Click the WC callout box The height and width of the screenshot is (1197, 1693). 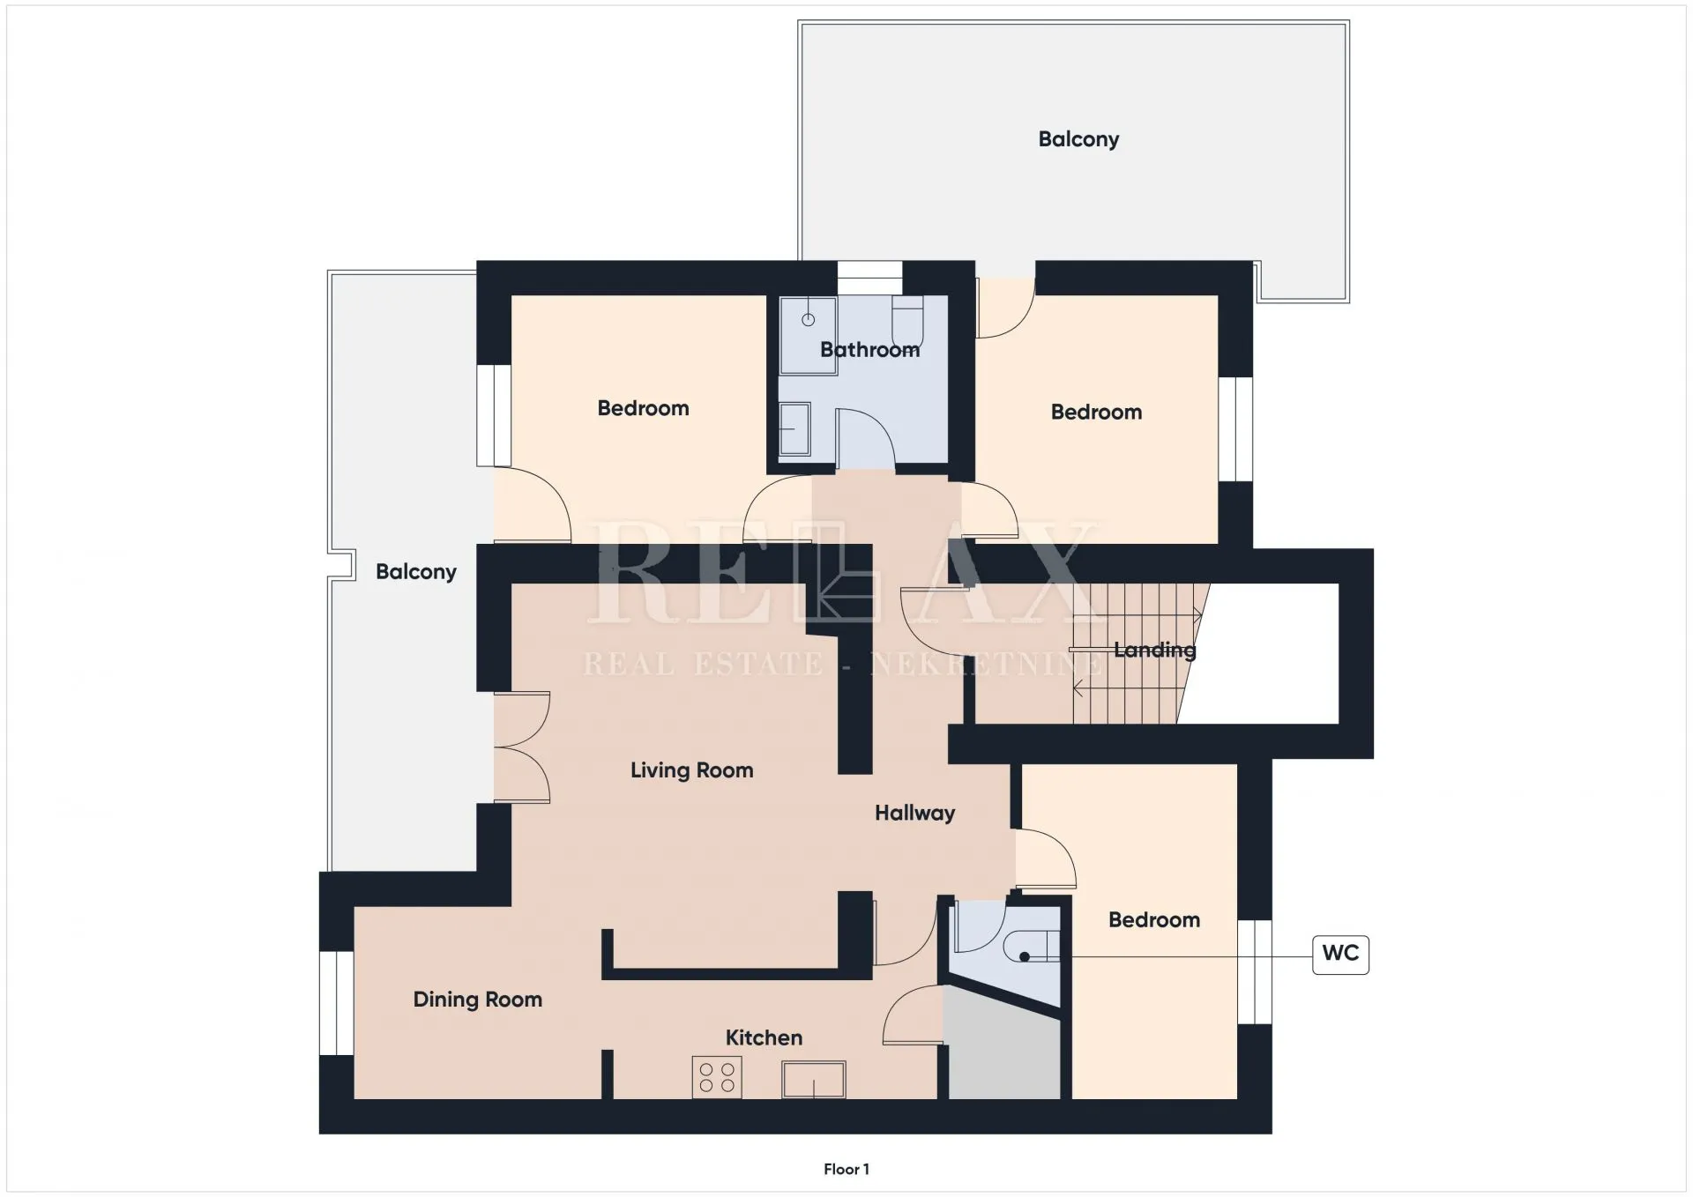(x=1340, y=955)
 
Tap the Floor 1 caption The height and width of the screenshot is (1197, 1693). (x=846, y=1169)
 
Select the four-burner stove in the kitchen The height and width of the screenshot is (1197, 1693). (x=717, y=1077)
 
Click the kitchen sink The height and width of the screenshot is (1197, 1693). (x=813, y=1079)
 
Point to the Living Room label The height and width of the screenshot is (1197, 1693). (x=692, y=770)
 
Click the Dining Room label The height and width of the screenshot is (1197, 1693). (x=478, y=1000)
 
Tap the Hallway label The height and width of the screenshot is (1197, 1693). (x=915, y=813)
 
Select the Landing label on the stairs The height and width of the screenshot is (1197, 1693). (x=1155, y=651)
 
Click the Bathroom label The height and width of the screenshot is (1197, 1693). (x=869, y=350)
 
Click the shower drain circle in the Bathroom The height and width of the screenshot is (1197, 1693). (x=808, y=319)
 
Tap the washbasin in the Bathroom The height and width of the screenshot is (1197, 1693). (x=794, y=429)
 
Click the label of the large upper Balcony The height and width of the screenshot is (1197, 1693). (x=1078, y=139)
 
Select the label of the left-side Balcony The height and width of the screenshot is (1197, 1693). (x=416, y=572)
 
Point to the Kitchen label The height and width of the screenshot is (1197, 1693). (x=764, y=1037)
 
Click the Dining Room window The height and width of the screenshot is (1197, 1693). (x=336, y=1003)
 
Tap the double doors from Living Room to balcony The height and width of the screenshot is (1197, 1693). (x=521, y=747)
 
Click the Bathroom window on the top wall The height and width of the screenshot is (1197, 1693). (x=869, y=278)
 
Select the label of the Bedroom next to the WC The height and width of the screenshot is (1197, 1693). (x=1154, y=920)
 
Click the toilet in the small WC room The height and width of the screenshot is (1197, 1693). (x=1032, y=947)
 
